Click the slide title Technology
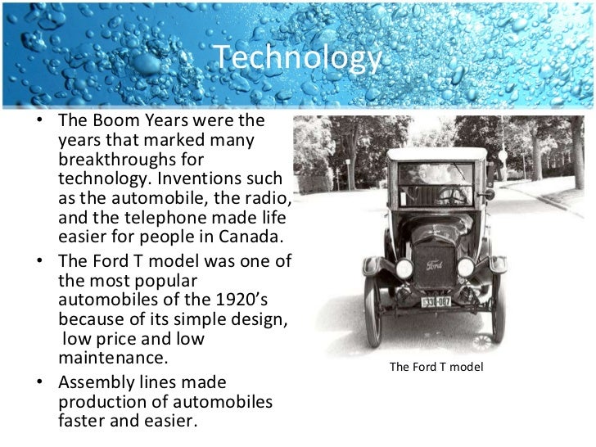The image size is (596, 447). [x=298, y=58]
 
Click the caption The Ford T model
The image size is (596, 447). [x=437, y=367]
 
